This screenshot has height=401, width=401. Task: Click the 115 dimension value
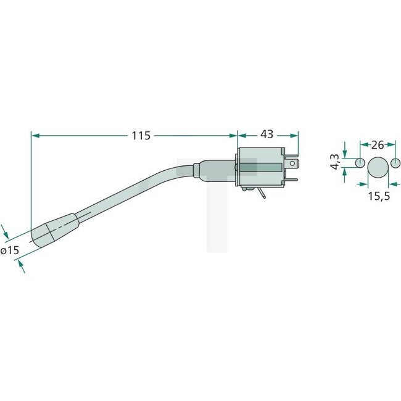pyautogui.click(x=141, y=135)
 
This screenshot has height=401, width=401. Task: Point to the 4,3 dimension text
pyautogui.click(x=335, y=163)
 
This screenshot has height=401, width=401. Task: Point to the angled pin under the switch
pyautogui.click(x=263, y=195)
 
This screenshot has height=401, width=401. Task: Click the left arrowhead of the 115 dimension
pyautogui.click(x=34, y=134)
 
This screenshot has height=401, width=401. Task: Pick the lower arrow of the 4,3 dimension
pyautogui.click(x=345, y=171)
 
